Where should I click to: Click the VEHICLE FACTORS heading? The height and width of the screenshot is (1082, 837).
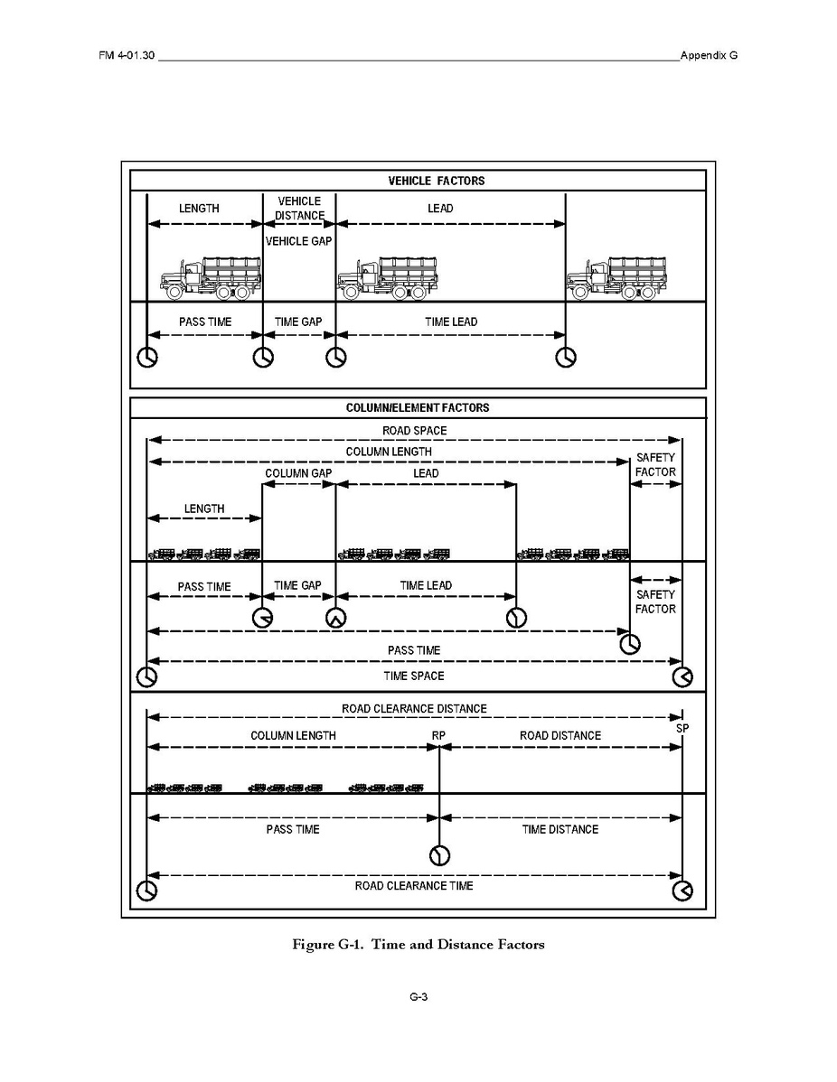[x=437, y=181]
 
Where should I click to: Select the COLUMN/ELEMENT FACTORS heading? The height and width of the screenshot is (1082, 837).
[x=417, y=408]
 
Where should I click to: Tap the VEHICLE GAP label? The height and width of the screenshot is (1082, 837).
[x=299, y=241]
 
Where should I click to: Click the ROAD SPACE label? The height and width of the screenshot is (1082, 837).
[x=414, y=431]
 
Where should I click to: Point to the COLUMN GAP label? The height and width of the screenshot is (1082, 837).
[x=298, y=473]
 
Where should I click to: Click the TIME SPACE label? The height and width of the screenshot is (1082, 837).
[x=414, y=676]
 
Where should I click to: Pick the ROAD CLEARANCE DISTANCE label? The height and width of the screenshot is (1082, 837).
[x=414, y=709]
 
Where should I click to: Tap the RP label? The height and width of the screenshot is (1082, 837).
[x=438, y=735]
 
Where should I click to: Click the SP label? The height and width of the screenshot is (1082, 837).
[x=682, y=729]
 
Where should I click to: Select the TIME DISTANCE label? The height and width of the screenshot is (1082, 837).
[x=560, y=829]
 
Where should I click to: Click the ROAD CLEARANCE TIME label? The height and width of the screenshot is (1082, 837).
[x=414, y=886]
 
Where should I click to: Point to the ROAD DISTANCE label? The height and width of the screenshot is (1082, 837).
[x=560, y=735]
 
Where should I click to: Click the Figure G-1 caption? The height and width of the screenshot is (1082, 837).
[x=418, y=945]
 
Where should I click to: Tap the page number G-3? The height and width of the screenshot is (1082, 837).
[x=418, y=997]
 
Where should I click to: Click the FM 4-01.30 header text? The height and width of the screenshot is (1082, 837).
[x=127, y=55]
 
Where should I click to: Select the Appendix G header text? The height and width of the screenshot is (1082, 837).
[x=709, y=55]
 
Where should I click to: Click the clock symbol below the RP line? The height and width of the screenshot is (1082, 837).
[x=439, y=855]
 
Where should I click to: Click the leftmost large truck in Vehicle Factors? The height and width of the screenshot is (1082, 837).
[x=212, y=278]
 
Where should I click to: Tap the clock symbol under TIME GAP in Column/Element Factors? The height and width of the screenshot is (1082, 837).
[x=335, y=619]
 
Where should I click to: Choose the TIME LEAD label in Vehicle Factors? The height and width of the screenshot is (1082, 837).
[x=451, y=322]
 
